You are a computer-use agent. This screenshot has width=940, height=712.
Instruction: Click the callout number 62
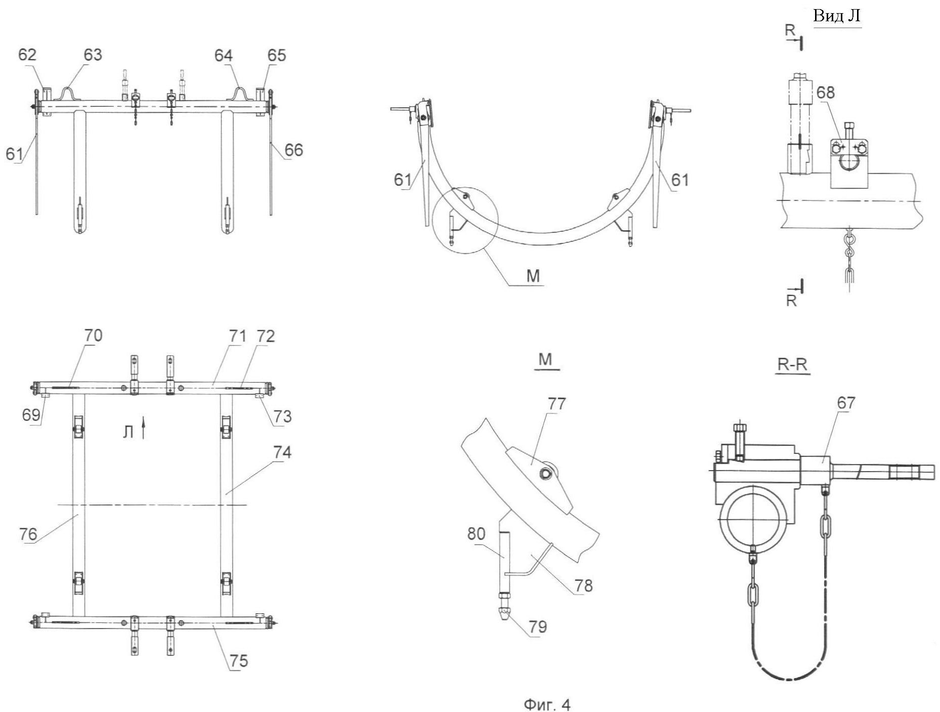27,55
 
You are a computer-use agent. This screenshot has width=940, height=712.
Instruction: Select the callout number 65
277,55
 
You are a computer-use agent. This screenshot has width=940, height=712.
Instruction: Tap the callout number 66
293,150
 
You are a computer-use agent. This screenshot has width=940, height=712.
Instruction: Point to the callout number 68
826,93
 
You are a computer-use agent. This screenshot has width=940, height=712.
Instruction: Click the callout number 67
846,403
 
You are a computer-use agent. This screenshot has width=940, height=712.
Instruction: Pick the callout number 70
93,336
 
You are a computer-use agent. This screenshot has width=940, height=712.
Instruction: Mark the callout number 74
282,452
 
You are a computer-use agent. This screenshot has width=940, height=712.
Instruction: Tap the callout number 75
239,661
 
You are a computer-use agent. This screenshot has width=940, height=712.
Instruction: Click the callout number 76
28,534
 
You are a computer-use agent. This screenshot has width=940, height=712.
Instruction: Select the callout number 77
557,404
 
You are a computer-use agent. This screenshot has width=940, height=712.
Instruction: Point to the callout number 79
537,627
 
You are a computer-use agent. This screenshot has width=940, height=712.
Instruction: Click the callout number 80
476,534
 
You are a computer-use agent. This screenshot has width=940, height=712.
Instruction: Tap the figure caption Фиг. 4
547,704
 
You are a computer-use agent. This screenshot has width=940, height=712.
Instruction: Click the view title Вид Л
837,16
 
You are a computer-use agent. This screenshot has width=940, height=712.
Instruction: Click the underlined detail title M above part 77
545,359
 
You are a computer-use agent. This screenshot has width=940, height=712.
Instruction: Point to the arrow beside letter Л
144,428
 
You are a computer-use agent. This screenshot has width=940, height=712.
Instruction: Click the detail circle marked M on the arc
465,220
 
